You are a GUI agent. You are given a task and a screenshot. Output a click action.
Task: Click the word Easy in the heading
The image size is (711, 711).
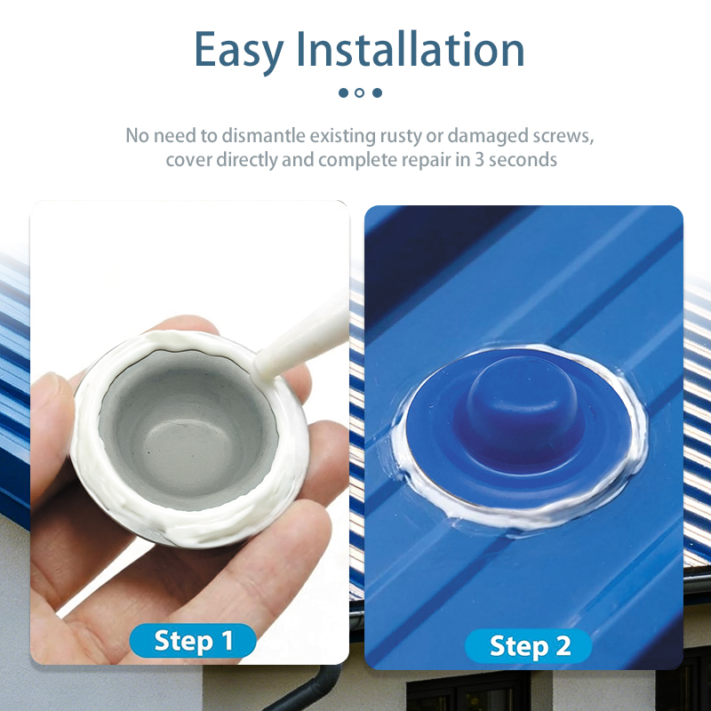[x=239, y=51]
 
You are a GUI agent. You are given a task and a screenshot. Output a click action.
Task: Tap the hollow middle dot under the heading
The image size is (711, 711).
[x=360, y=93]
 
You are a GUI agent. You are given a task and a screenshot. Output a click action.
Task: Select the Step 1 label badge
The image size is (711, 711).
[x=193, y=640]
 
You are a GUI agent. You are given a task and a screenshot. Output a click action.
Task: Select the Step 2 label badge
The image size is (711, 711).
[x=529, y=645]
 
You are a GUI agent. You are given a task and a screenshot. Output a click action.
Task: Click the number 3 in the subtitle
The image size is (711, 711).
[x=479, y=160]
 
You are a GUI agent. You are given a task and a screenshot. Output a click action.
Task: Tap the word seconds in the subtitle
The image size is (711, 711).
[x=523, y=160]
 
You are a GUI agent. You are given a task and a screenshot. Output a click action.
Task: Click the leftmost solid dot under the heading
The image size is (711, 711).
[x=344, y=93]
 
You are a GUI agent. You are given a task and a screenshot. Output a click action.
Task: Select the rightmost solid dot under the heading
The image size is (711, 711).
[x=377, y=93]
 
